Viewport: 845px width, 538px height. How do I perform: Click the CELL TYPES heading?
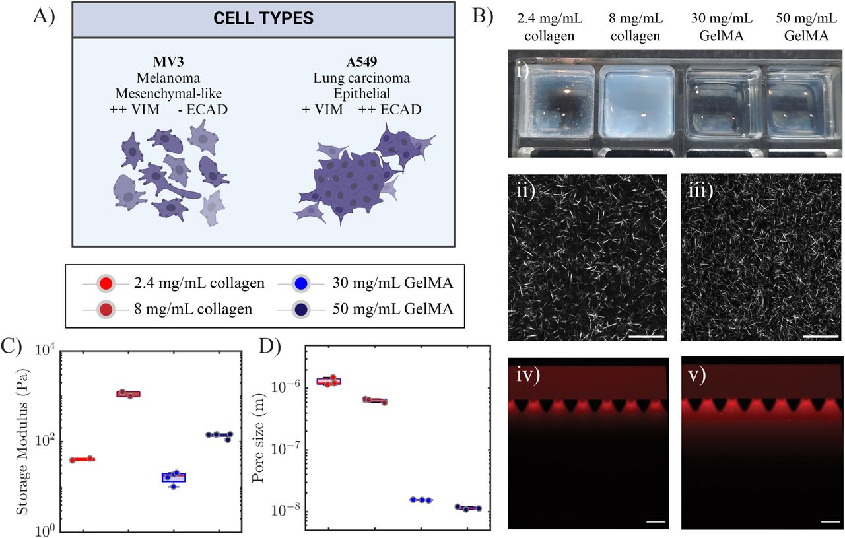coord(263,19)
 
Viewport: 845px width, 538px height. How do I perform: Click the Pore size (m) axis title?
coord(259,444)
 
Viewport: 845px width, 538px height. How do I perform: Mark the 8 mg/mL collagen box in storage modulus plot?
coord(129,394)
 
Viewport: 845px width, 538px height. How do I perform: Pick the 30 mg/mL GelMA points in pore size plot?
coord(421,500)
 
